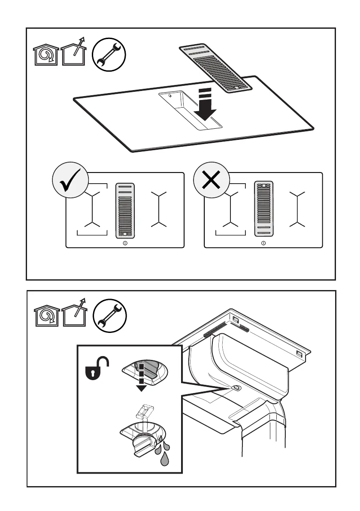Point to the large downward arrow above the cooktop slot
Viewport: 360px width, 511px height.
point(205,106)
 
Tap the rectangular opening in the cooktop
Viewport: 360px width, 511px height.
point(190,111)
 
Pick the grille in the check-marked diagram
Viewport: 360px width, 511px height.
point(125,210)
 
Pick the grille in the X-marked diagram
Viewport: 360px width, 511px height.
point(263,209)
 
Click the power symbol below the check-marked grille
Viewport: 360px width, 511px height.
point(125,243)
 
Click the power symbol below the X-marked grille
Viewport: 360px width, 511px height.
point(263,243)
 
